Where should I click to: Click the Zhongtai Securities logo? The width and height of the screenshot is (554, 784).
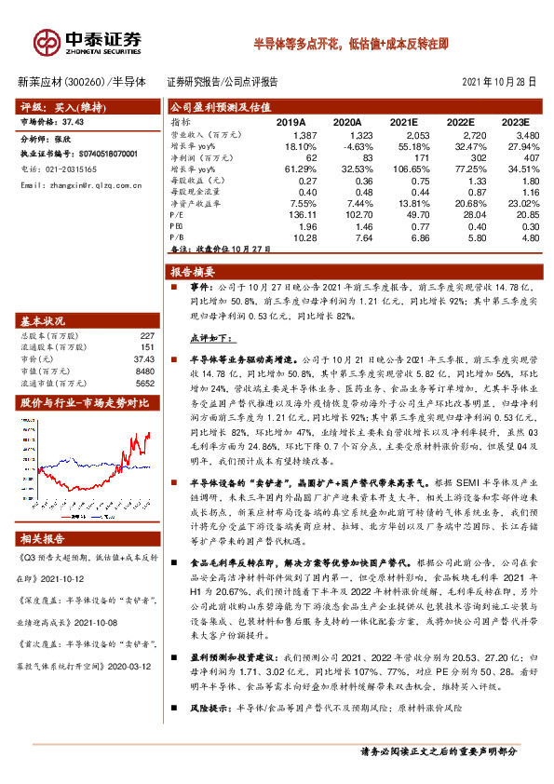(x=88, y=42)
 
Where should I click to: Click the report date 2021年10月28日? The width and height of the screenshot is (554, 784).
(x=499, y=82)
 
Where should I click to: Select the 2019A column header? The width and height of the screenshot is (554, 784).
(x=291, y=122)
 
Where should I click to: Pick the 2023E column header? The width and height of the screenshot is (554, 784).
(x=513, y=122)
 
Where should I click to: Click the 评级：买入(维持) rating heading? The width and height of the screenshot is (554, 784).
(x=62, y=107)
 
